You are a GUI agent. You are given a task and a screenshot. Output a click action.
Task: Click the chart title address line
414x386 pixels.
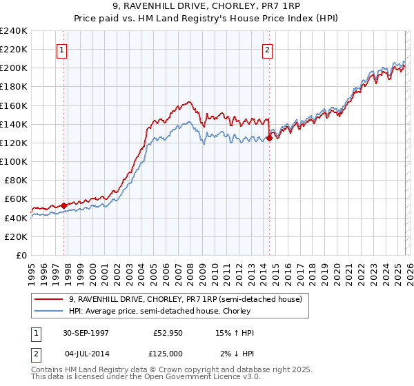[x=207, y=6]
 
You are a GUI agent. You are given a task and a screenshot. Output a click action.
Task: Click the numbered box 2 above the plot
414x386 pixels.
[x=267, y=50]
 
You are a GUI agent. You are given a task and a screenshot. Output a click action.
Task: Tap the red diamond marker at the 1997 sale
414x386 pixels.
[x=64, y=205]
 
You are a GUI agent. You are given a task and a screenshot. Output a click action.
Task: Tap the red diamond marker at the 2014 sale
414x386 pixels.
[x=268, y=138]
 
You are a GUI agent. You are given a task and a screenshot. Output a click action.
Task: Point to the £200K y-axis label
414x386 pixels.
[x=14, y=68]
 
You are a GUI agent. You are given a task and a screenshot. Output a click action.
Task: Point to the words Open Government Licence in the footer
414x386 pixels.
[x=197, y=378]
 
